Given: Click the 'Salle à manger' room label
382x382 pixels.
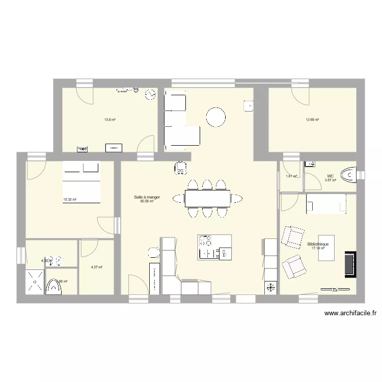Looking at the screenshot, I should point(147,197).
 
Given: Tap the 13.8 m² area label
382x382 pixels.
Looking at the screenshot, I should point(110,120).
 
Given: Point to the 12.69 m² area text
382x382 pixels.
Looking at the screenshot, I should point(312,120).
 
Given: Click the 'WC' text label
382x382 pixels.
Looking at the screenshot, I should point(331,176).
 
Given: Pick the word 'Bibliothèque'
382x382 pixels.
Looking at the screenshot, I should point(318,244).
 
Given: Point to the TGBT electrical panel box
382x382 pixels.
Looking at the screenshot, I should point(83,149).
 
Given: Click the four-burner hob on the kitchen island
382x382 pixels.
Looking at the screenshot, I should point(206,240).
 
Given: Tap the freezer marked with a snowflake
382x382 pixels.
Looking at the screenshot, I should point(270,288).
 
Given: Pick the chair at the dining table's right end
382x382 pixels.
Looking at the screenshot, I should point(237,198).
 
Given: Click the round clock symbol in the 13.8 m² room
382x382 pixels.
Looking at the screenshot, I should point(150,95).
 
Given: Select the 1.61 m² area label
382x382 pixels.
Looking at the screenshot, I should point(291,176).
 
